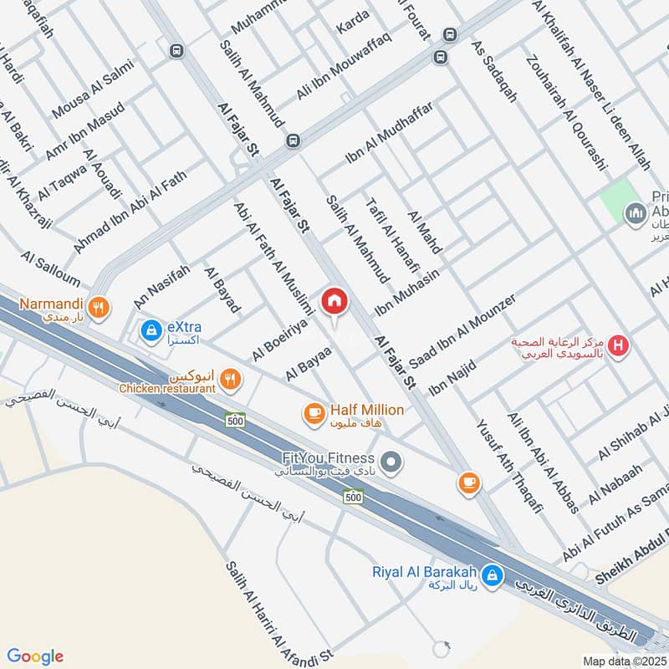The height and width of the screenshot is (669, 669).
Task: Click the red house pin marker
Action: [333, 301]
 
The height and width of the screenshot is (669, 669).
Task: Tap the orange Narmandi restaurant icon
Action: [100, 307]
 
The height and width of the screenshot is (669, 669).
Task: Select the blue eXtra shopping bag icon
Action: [151, 331]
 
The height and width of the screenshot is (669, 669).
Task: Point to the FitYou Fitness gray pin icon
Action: [389, 461]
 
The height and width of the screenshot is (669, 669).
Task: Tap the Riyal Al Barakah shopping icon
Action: [493, 575]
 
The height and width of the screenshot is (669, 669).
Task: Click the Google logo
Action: [35, 656]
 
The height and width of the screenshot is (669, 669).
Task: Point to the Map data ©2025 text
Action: [621, 661]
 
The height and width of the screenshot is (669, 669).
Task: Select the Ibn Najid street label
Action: [452, 377]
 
